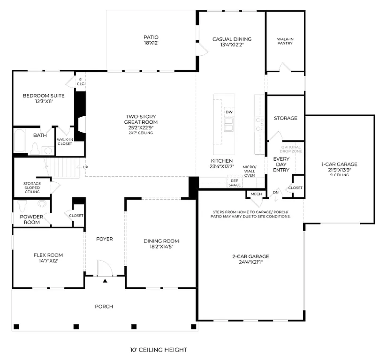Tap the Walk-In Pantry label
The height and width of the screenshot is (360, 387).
tap(285, 41)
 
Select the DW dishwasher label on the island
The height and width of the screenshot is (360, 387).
tap(229, 112)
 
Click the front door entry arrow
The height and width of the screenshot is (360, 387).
tap(105, 281)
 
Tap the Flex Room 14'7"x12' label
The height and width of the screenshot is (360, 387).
tap(48, 258)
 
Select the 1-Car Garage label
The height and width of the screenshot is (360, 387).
tap(339, 167)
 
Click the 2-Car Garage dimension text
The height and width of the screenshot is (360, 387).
tap(250, 262)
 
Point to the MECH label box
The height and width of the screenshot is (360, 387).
tap(256, 194)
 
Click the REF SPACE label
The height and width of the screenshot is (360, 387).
tap(235, 182)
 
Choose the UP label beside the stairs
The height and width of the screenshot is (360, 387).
tap(85, 167)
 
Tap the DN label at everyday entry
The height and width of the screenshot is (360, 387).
tap(276, 192)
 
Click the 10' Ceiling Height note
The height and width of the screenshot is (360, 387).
tap(159, 350)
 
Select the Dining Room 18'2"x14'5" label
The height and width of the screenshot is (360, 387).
tap(161, 244)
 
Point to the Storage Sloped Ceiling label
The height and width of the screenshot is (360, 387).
tap(32, 187)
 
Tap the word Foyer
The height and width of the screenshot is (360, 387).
tap(105, 239)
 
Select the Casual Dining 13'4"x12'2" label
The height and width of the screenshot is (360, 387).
tap(232, 42)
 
